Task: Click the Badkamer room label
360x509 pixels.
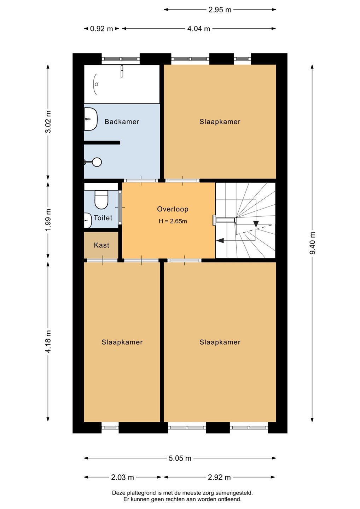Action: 122,122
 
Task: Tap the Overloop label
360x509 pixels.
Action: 173,209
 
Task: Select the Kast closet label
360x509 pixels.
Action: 101,245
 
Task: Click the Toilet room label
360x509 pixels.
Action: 103,218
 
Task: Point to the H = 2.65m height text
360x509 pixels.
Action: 173,221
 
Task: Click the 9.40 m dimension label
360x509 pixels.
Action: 312,243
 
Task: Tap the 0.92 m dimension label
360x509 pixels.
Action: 101,29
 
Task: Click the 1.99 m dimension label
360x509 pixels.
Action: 48,220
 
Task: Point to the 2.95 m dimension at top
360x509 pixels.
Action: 220,10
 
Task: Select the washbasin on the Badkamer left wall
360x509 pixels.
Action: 91,119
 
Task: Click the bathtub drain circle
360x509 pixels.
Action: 96,84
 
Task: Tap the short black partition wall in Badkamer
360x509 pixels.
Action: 102,142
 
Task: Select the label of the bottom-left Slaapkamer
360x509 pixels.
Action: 122,342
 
